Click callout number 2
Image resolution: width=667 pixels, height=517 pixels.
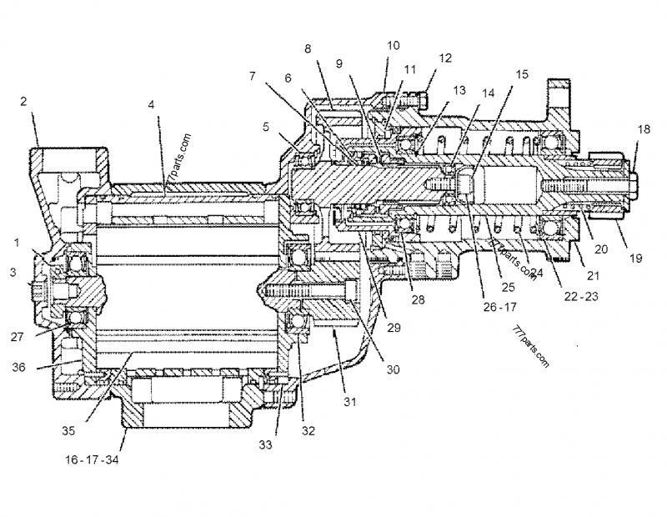24,102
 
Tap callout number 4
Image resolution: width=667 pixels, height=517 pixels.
151,105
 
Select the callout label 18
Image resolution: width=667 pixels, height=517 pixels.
643,129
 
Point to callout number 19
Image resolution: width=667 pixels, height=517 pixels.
636,258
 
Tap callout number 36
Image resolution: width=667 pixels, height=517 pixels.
19,365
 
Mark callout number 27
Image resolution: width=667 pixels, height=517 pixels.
19,338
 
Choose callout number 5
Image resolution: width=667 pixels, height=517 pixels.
265,128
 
